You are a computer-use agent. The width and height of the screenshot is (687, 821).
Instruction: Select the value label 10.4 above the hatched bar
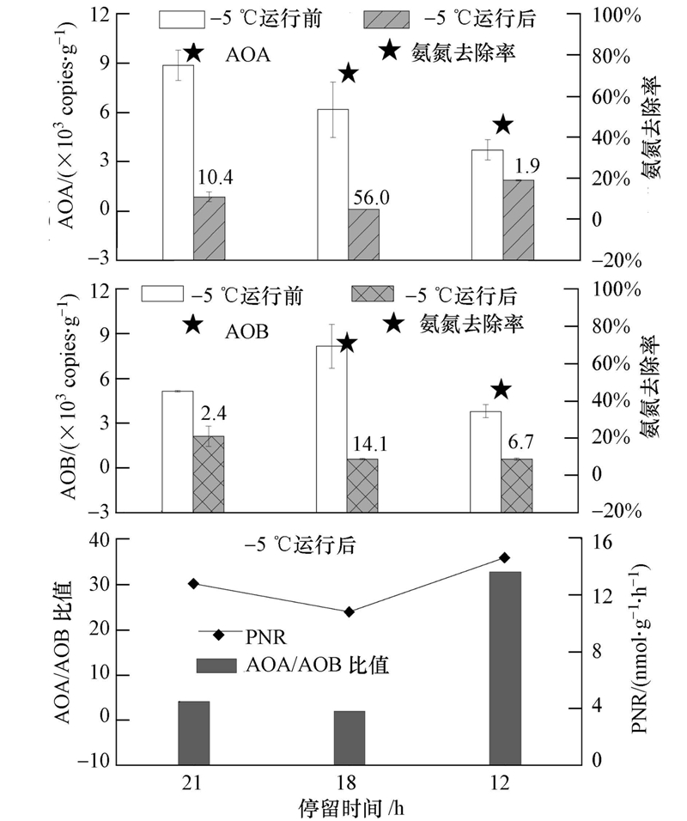[216, 179]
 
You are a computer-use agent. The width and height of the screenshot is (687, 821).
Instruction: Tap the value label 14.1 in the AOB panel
[370, 445]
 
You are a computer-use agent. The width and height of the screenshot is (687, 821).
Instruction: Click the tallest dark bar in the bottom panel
[505, 666]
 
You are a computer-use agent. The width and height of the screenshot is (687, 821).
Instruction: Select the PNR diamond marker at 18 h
[350, 611]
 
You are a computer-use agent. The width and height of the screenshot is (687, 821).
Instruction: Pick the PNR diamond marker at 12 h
[505, 557]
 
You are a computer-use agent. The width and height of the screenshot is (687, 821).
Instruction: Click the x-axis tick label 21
[193, 782]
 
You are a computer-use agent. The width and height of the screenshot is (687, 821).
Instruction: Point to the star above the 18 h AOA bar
[348, 73]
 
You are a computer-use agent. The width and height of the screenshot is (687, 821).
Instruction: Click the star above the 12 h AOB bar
[502, 390]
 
